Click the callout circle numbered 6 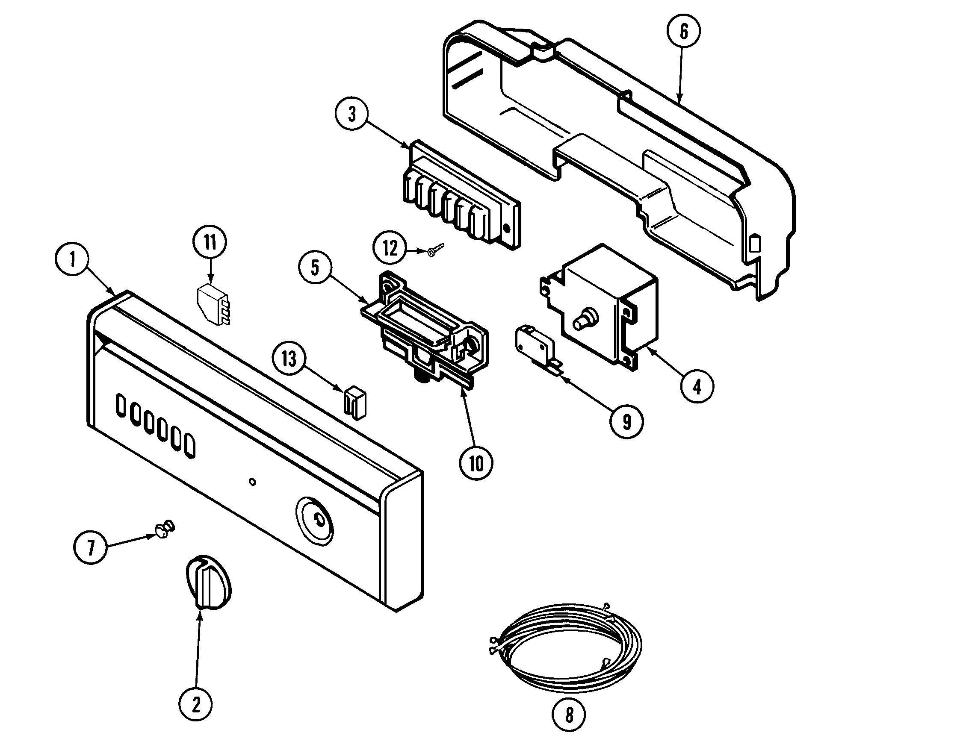point(683,32)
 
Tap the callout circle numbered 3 point(352,114)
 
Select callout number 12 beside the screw point(390,248)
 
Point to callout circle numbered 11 point(210,243)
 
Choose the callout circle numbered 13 point(289,359)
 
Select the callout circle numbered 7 point(90,547)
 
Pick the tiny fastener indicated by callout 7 point(164,529)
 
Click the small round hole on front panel point(252,482)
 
